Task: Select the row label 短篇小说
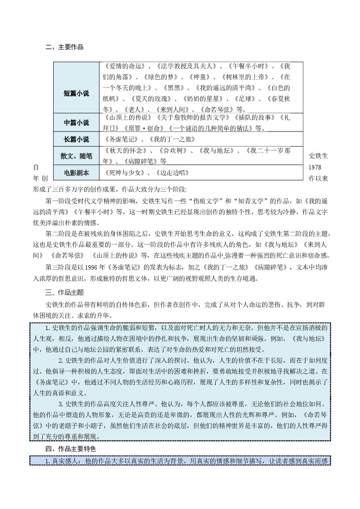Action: [76, 93]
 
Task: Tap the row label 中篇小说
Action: [76, 123]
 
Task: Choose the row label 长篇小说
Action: [76, 139]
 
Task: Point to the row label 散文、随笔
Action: [76, 156]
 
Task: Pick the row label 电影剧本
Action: [76, 173]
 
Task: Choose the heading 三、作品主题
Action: [65, 293]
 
